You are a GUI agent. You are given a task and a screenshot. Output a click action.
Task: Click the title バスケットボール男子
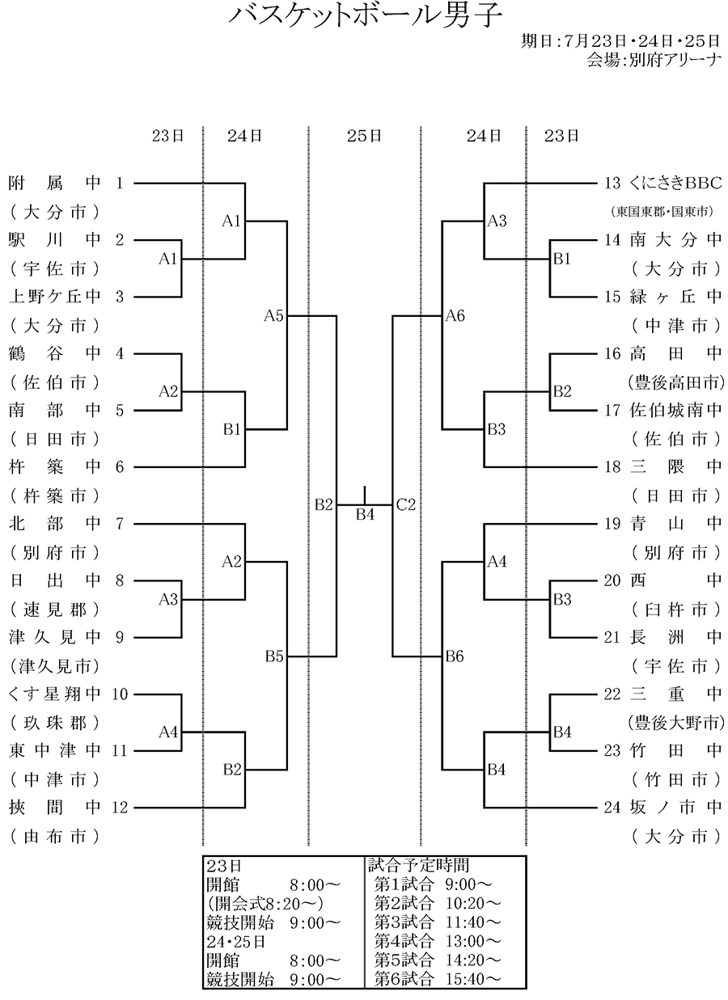(365, 15)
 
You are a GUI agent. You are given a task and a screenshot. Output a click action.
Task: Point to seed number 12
(120, 807)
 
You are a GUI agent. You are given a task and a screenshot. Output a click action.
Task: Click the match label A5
(273, 316)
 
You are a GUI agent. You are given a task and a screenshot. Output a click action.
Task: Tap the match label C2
(405, 505)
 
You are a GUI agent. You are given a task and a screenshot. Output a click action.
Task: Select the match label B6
(455, 656)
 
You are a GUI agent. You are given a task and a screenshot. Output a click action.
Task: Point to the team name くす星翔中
(55, 694)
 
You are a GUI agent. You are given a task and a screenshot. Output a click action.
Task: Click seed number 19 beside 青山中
(612, 524)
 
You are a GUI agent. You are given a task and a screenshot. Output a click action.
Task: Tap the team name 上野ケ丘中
(55, 297)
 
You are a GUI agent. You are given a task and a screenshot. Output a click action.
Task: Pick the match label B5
(273, 656)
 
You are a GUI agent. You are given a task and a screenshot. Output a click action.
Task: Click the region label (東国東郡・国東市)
(661, 212)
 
